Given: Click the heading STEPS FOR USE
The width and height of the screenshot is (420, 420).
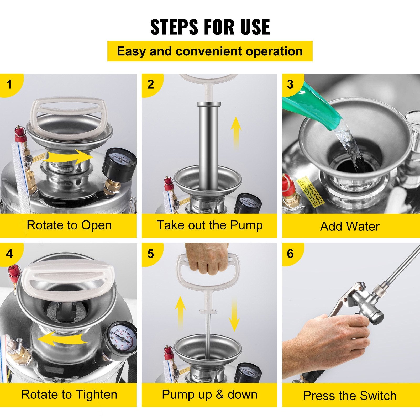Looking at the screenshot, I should (210, 27).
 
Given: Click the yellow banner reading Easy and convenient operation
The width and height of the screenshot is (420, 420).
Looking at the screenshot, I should (210, 51).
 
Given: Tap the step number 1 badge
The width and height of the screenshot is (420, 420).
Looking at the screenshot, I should (9, 85).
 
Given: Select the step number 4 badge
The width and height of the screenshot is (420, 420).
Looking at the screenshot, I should (9, 254).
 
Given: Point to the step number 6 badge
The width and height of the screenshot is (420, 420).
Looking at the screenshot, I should (290, 254).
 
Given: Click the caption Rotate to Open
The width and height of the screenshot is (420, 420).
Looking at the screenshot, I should (69, 225).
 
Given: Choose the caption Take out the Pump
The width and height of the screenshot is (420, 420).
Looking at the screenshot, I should (209, 225).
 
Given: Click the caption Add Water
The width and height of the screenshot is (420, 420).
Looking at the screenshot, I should (350, 226).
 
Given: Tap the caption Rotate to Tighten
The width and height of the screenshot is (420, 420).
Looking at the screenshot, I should (69, 395).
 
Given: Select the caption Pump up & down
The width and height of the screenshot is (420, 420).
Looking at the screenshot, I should (209, 395).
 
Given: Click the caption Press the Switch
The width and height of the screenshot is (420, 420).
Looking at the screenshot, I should (350, 396).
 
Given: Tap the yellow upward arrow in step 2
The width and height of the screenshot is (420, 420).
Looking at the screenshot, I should (236, 131).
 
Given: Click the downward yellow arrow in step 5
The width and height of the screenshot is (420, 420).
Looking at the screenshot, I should (234, 315).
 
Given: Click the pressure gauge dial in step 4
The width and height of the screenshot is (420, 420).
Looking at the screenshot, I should (121, 337).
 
